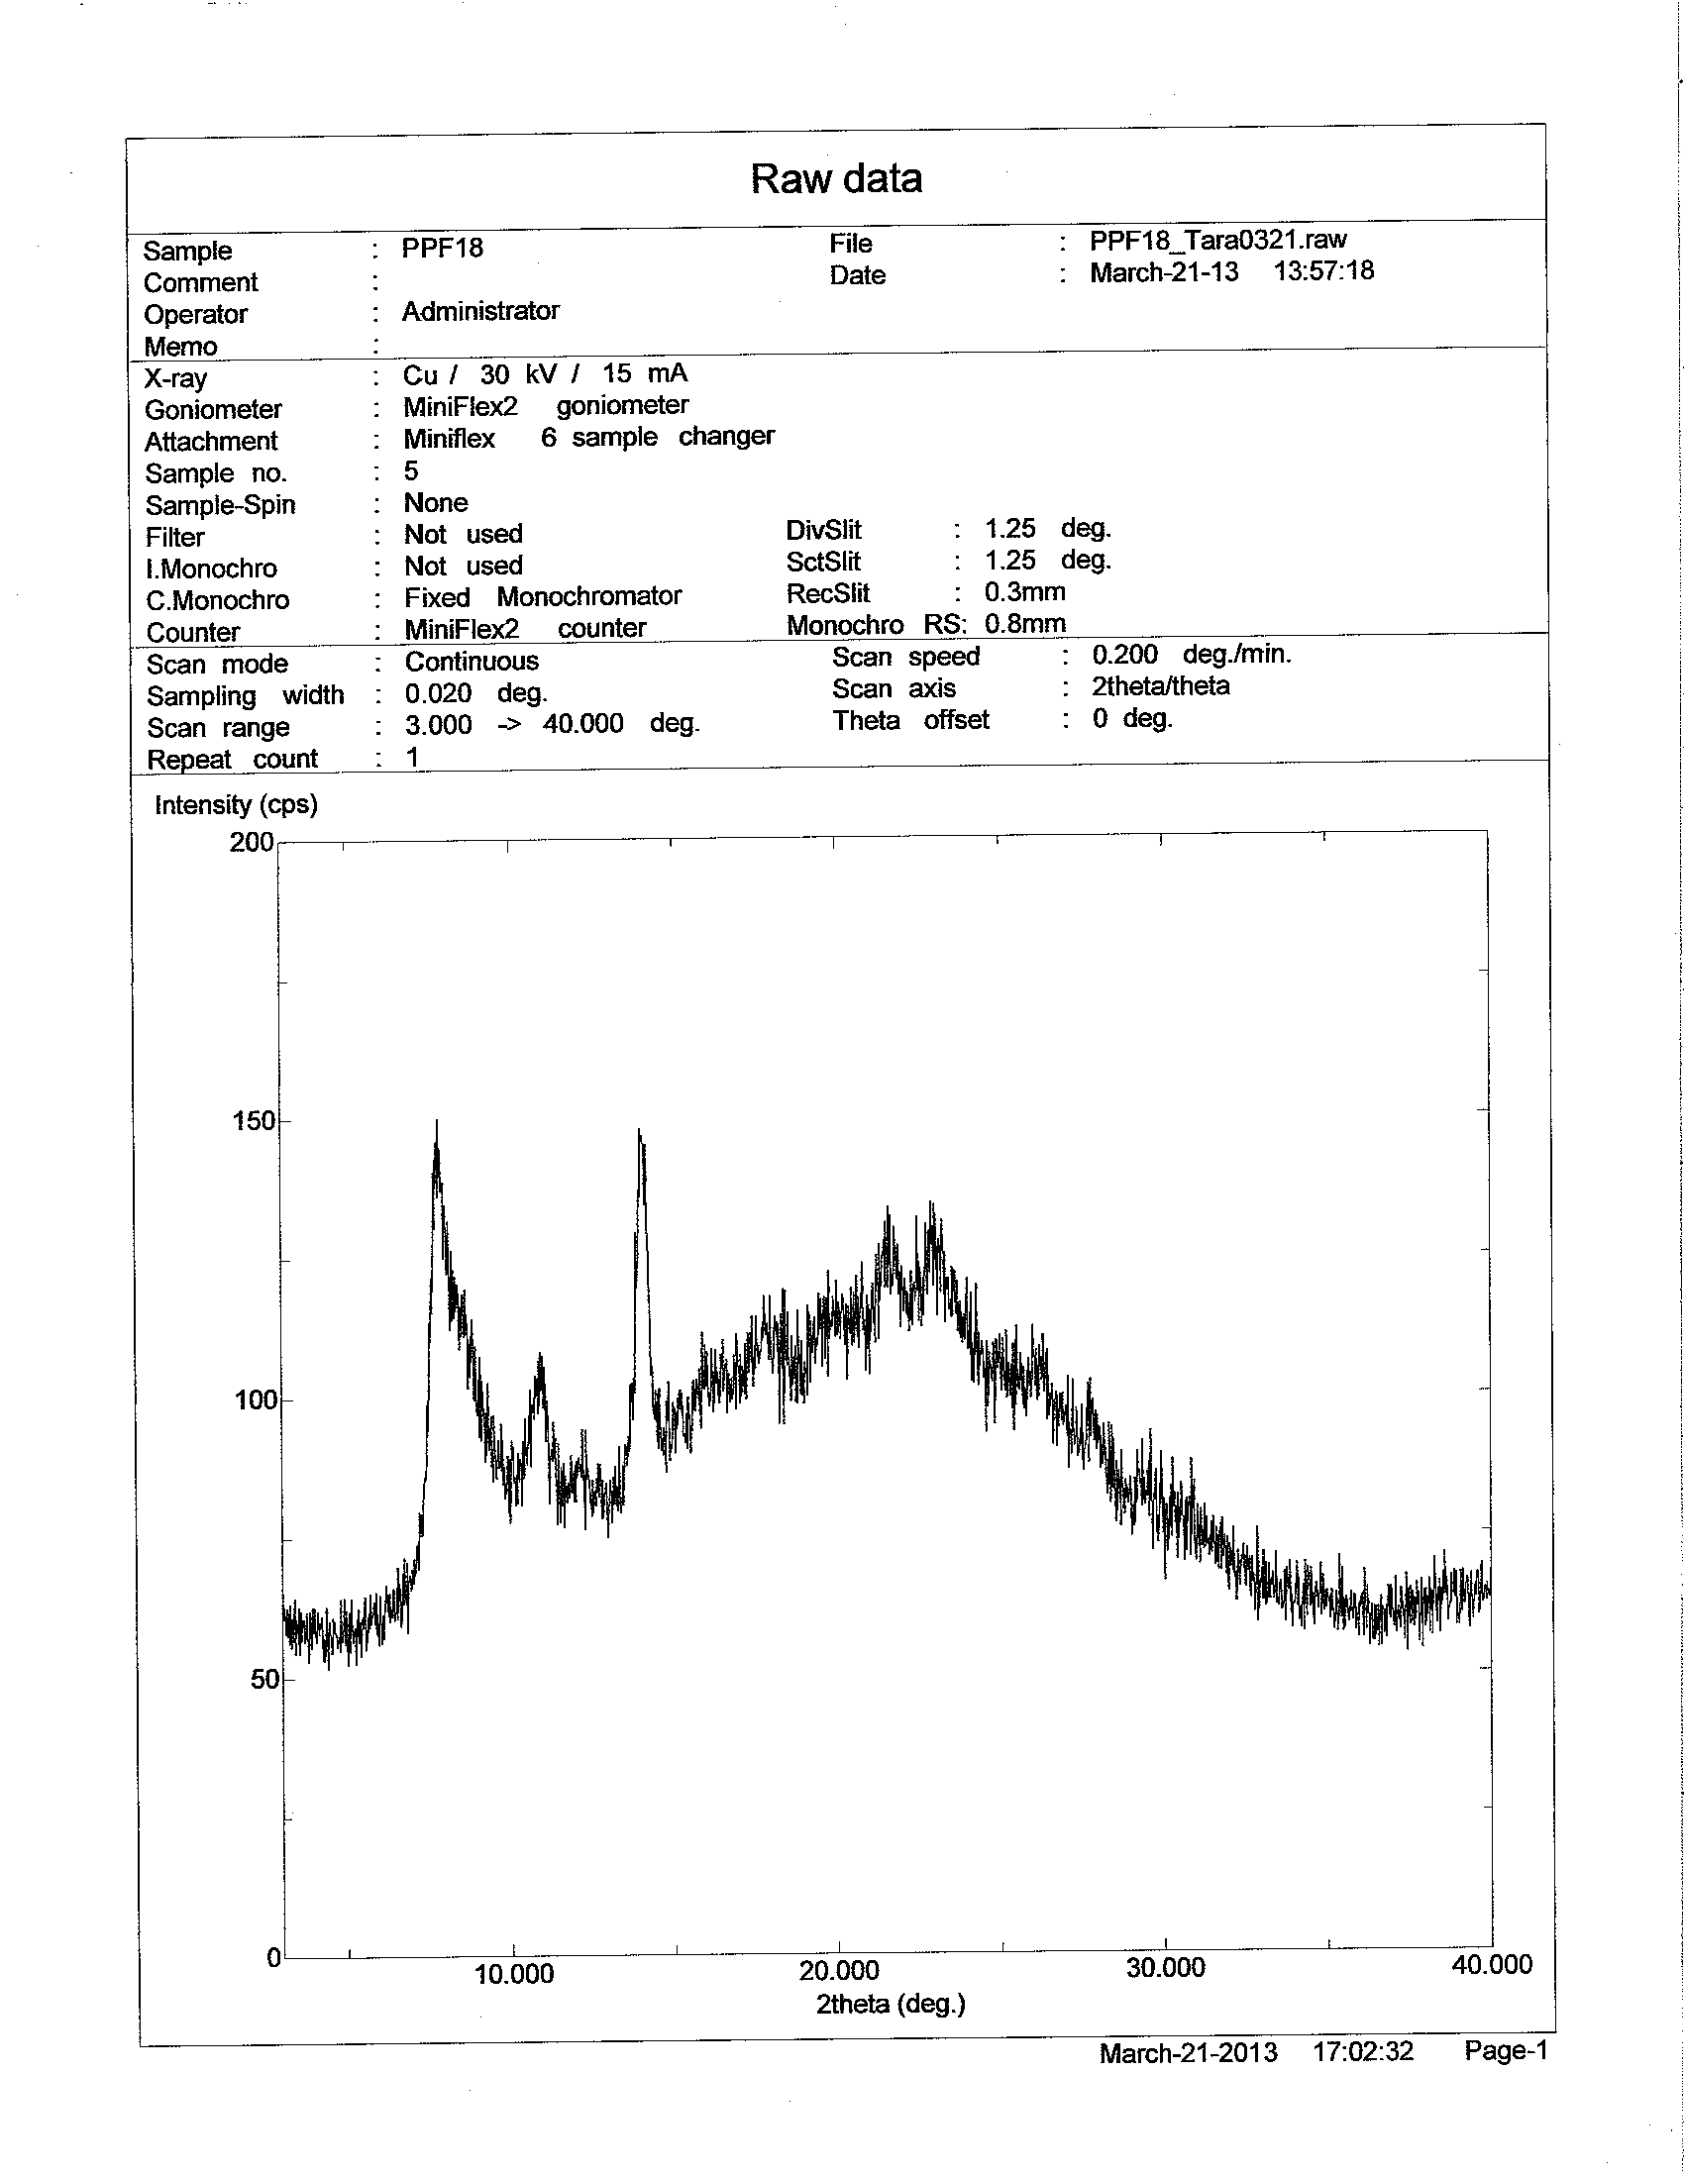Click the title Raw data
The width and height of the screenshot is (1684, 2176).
[836, 179]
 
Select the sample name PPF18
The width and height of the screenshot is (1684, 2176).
[443, 248]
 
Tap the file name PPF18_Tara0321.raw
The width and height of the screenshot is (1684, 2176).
[1217, 240]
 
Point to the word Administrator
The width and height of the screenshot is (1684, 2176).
[480, 311]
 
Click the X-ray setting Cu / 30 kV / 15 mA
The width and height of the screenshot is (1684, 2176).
[545, 374]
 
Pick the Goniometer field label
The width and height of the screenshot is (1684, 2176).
[213, 409]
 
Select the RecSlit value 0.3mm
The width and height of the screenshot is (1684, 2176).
[1024, 592]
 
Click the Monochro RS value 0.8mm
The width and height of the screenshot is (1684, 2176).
[1024, 624]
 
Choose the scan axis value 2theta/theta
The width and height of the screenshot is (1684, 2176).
[1161, 686]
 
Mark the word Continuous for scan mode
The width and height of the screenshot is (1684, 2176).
[472, 662]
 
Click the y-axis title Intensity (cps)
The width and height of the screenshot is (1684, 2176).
[236, 805]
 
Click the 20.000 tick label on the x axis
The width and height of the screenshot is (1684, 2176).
[839, 1971]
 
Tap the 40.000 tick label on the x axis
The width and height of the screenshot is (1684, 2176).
[1491, 1965]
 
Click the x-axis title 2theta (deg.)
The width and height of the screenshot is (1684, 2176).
[891, 2004]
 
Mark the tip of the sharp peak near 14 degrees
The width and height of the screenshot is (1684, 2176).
[639, 1130]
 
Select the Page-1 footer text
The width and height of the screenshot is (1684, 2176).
[1505, 2050]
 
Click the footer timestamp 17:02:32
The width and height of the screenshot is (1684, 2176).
[1363, 2051]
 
